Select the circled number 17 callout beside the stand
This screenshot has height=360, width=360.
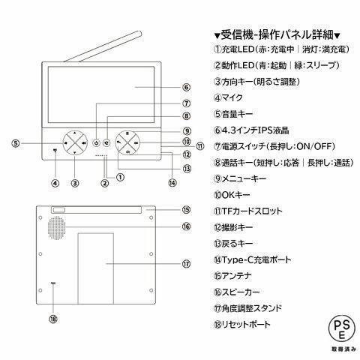click(187, 263)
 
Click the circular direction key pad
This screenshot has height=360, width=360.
click(74, 142)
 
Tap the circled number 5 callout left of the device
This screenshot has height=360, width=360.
click(16, 143)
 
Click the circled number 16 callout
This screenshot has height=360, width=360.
click(187, 226)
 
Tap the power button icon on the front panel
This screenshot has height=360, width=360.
click(97, 142)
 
